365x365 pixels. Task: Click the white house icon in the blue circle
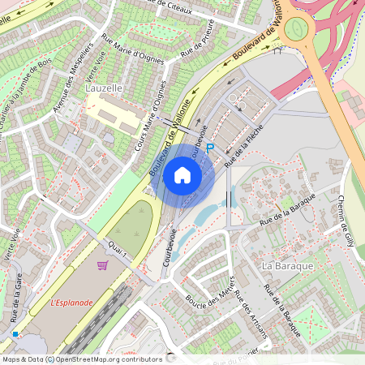tap(182, 174)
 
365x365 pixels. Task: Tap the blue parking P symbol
tap(210, 148)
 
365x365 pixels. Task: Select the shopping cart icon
tap(103, 265)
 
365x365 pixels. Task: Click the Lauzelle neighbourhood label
tap(104, 86)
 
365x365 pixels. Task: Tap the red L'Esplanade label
tap(72, 303)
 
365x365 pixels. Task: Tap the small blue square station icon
tap(15, 333)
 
